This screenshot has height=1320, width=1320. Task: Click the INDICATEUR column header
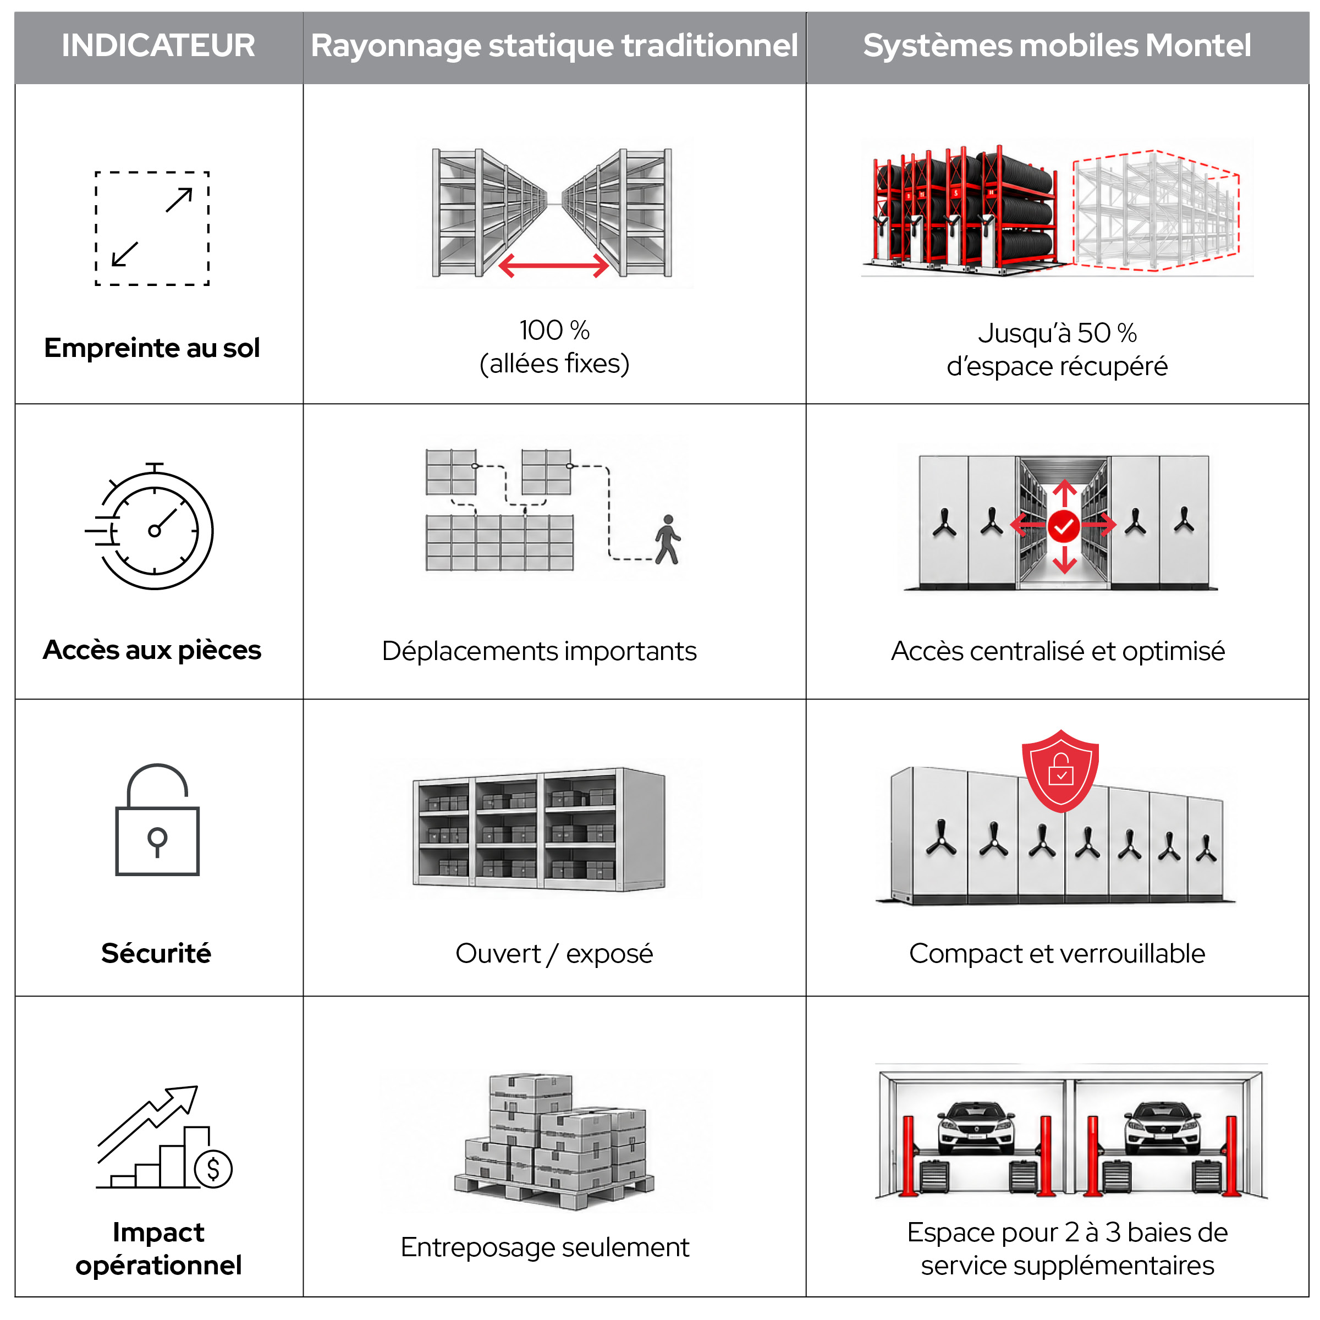click(x=158, y=46)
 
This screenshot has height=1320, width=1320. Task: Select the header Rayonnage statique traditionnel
click(x=554, y=46)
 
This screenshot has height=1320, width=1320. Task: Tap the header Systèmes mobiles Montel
click(x=1057, y=46)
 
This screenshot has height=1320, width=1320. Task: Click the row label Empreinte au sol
click(x=152, y=348)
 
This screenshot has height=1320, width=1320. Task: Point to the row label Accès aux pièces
click(x=152, y=650)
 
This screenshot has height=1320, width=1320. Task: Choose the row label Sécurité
click(x=156, y=953)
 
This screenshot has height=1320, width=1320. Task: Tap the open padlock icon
click(x=157, y=820)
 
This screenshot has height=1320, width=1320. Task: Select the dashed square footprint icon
click(x=152, y=228)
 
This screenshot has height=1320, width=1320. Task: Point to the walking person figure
click(x=668, y=540)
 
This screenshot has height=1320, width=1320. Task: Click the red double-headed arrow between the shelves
click(x=553, y=265)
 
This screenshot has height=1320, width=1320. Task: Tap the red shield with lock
click(x=1060, y=771)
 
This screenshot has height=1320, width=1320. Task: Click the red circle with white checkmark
click(x=1064, y=526)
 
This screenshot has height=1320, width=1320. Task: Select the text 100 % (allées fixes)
click(x=554, y=347)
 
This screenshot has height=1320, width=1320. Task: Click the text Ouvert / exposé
click(x=554, y=953)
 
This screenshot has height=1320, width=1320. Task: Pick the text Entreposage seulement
click(x=544, y=1247)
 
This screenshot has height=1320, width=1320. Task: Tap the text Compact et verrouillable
click(x=1057, y=953)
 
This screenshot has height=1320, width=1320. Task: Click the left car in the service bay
click(x=976, y=1128)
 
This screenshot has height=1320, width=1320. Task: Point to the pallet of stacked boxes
click(x=554, y=1142)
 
